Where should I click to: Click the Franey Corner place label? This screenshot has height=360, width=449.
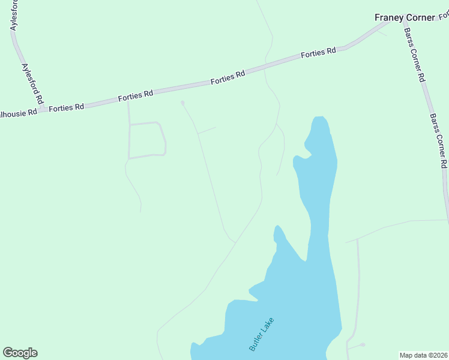pyautogui.click(x=404, y=17)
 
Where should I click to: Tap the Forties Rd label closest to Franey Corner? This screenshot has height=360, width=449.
pyautogui.click(x=318, y=53)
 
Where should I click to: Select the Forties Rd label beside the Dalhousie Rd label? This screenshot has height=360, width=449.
pyautogui.click(x=66, y=108)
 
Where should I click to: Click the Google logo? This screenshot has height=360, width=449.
pyautogui.click(x=20, y=353)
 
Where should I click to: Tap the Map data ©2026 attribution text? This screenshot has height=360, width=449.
pyautogui.click(x=423, y=355)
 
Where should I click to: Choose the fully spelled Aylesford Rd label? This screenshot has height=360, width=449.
pyautogui.click(x=34, y=83)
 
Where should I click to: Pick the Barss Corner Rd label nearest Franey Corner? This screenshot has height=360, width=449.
pyautogui.click(x=414, y=55)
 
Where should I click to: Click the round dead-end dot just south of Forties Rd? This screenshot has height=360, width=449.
pyautogui.click(x=182, y=103)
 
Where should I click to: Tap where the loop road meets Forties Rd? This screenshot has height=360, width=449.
pyautogui.click(x=128, y=100)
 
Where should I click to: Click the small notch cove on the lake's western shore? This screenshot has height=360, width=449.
pyautogui.click(x=295, y=158)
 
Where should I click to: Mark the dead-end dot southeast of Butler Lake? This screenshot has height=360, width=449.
pyautogui.click(x=363, y=344)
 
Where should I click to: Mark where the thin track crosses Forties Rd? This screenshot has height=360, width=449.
pyautogui.click(x=265, y=67)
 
